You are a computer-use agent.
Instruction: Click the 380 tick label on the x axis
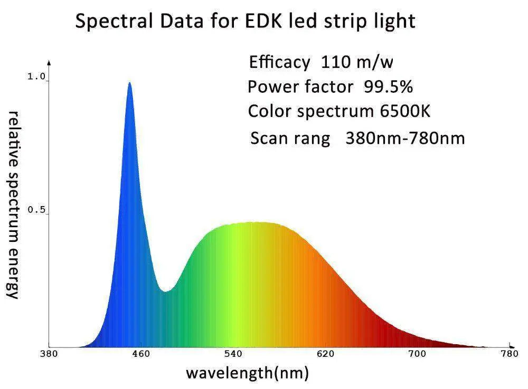(x=49, y=354)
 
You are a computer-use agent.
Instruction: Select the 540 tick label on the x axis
(x=233, y=354)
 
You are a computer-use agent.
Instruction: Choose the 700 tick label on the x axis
(x=418, y=354)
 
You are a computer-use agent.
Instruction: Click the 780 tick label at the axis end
(x=509, y=354)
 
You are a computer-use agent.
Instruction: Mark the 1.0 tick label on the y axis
(x=36, y=77)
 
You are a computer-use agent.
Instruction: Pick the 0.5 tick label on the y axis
(x=36, y=210)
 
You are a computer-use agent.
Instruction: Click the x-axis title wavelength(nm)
(x=247, y=373)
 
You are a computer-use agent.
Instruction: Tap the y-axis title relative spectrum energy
(x=14, y=205)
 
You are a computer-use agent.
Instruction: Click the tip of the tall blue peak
(x=129, y=83)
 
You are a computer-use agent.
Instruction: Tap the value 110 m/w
(x=357, y=62)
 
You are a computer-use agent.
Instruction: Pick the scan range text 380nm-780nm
(x=405, y=139)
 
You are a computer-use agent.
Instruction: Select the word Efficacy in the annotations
(x=279, y=63)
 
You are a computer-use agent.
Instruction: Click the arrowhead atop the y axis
(x=49, y=62)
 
